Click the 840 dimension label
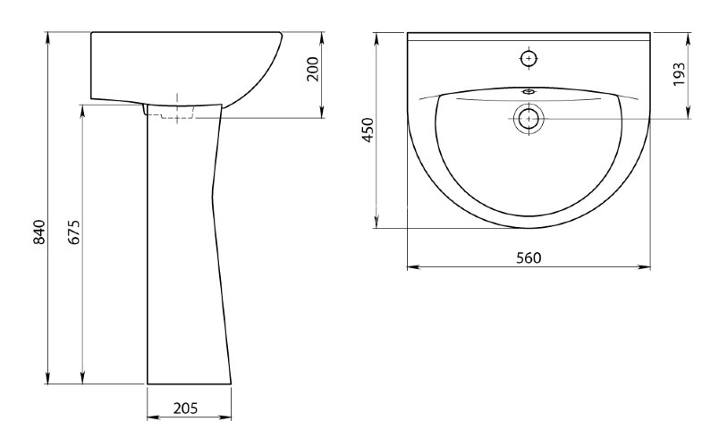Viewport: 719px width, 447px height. (40, 232)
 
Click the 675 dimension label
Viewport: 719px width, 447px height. (75, 232)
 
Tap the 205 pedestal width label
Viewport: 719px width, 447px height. (186, 408)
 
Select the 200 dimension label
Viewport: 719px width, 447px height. (312, 69)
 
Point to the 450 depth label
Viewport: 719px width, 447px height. (368, 130)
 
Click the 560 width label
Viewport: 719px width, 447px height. (529, 257)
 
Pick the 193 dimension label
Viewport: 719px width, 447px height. (679, 74)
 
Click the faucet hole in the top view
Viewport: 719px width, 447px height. (529, 59)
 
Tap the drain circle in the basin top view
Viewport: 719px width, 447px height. (529, 118)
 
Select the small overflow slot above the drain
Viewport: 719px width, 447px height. (529, 91)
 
